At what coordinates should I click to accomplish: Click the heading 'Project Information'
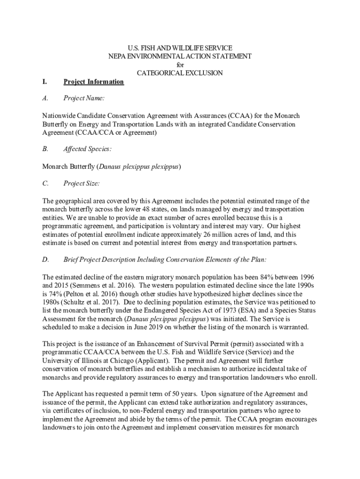point(94,82)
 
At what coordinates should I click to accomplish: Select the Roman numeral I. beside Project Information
point(44,82)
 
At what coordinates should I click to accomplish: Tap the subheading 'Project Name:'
point(84,98)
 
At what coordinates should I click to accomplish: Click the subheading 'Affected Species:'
point(87,149)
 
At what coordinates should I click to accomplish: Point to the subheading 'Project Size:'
point(81,183)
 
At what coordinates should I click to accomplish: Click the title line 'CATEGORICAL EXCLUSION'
point(180,73)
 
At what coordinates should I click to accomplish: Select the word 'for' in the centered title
point(180,65)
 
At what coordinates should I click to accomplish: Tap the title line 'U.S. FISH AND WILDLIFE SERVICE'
point(180,48)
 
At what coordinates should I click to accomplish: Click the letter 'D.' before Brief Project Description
point(45,260)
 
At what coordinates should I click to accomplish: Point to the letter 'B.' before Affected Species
point(45,149)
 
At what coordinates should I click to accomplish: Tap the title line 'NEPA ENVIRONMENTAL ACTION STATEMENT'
point(180,56)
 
